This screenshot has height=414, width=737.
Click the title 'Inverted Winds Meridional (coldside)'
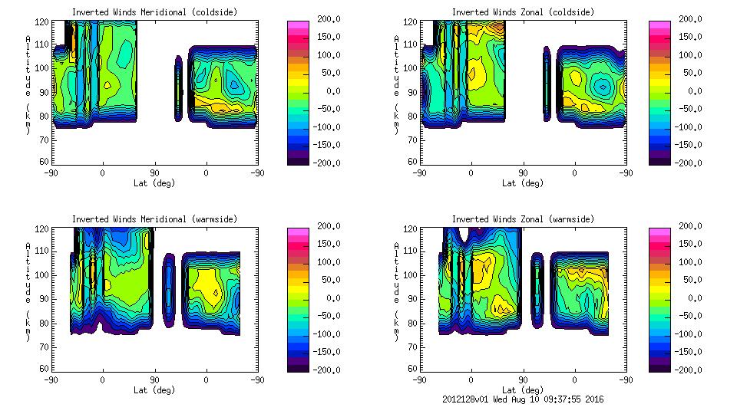(x=154, y=12)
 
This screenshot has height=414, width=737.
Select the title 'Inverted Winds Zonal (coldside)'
(x=523, y=12)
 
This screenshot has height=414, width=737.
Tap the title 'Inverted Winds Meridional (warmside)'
(x=154, y=219)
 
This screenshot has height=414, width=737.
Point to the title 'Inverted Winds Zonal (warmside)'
(x=523, y=219)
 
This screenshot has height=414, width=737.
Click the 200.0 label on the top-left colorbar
(x=325, y=19)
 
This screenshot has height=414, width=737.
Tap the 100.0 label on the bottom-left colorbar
(x=325, y=262)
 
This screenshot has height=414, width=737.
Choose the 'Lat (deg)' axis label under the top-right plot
(x=523, y=183)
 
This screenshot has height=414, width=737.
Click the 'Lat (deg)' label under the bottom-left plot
(x=154, y=390)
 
